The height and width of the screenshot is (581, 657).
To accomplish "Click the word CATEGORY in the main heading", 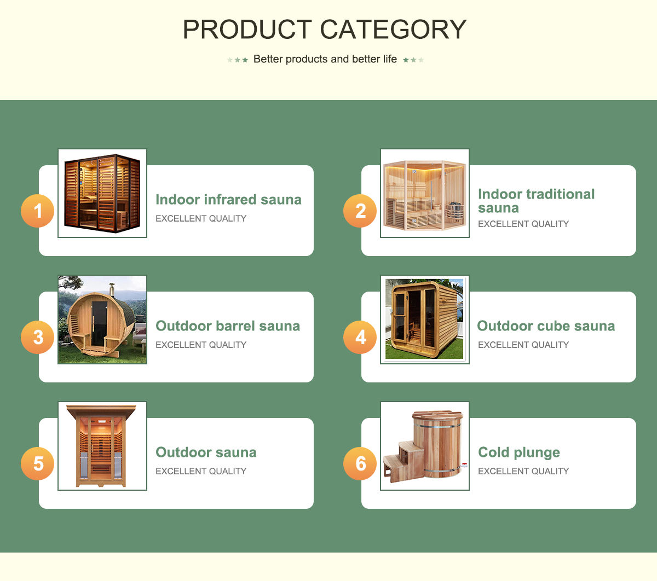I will [393, 30].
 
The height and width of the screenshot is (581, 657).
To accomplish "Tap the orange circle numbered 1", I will [38, 211].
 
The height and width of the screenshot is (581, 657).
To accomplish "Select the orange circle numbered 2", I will [360, 211].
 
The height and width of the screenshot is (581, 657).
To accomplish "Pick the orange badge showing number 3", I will [38, 337].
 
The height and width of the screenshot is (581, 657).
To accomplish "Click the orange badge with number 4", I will [360, 337].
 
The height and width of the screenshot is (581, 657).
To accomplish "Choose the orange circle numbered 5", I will [38, 463].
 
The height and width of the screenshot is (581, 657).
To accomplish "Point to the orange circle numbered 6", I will [360, 463].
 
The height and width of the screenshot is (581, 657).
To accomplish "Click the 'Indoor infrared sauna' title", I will [228, 200].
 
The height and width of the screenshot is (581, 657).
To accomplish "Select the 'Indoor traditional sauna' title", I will [535, 201].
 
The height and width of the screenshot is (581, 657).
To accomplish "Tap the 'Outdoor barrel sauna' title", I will [228, 326].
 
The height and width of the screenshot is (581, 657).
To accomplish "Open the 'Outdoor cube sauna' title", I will [546, 326].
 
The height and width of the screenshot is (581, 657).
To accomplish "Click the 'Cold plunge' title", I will [519, 452].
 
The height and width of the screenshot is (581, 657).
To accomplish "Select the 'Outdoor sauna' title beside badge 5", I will [206, 452].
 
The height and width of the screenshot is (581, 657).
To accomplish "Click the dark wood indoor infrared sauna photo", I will [102, 193].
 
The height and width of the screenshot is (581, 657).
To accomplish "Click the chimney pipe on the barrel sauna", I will [112, 289].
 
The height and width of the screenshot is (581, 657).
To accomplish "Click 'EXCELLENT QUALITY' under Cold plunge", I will [523, 471].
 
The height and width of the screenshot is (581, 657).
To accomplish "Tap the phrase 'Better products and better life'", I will [325, 59].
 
